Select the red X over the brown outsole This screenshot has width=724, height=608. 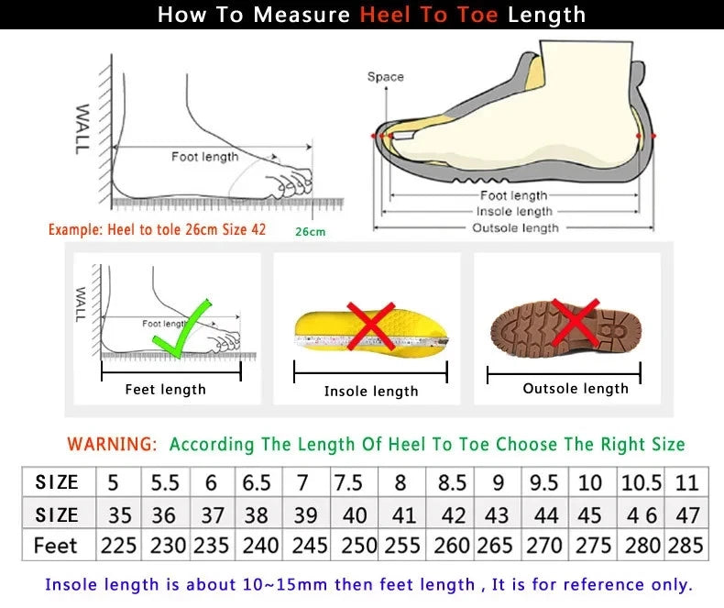pyautogui.click(x=576, y=323)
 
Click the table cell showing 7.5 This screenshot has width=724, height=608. pyautogui.click(x=348, y=482)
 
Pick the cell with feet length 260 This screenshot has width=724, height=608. pyautogui.click(x=451, y=545)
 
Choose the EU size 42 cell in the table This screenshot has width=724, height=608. pyautogui.click(x=451, y=514)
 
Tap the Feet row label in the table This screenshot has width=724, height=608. pyautogui.click(x=56, y=546)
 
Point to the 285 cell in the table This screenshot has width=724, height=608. pyautogui.click(x=686, y=545)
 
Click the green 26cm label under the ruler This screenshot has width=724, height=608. pyautogui.click(x=310, y=232)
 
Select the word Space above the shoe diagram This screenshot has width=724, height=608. pyautogui.click(x=385, y=77)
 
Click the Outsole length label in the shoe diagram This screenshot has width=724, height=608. pyautogui.click(x=514, y=227)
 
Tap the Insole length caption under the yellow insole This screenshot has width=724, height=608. pyautogui.click(x=371, y=392)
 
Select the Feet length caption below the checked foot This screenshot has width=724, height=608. pyautogui.click(x=166, y=390)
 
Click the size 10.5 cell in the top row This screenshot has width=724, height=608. pyautogui.click(x=642, y=482)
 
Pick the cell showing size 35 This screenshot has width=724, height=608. pyautogui.click(x=118, y=514)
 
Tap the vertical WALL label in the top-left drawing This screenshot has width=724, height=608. pyautogui.click(x=82, y=127)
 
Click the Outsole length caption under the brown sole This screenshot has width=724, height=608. pyautogui.click(x=576, y=389)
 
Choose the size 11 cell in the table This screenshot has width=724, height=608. pyautogui.click(x=686, y=482)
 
